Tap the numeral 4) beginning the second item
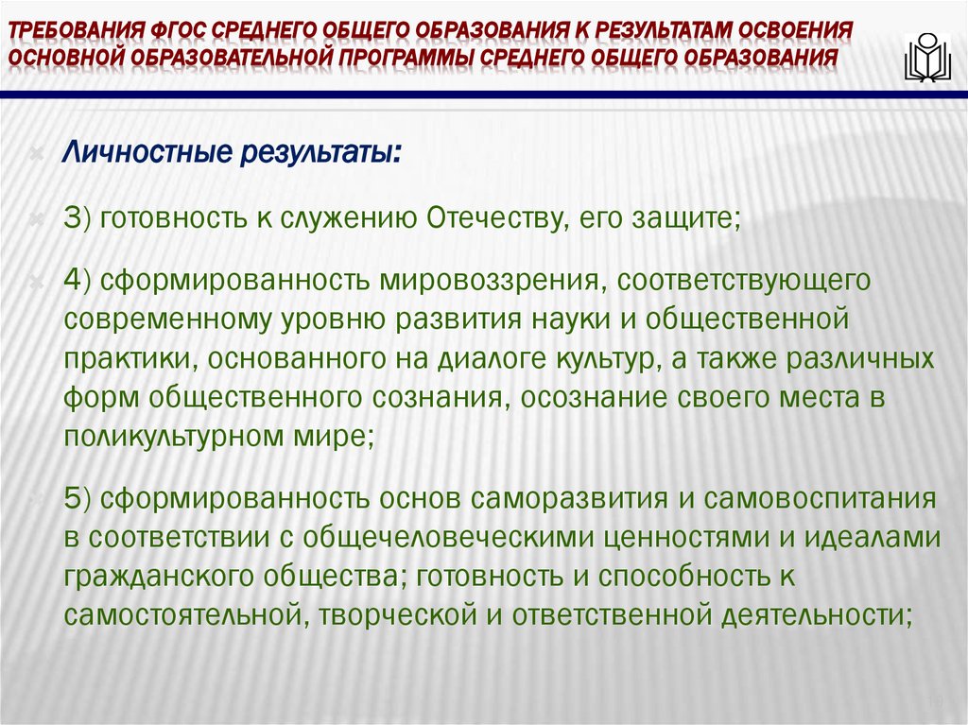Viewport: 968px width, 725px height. (77, 281)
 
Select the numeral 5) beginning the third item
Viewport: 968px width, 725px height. (77, 498)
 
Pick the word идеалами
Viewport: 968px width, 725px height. (864, 538)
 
